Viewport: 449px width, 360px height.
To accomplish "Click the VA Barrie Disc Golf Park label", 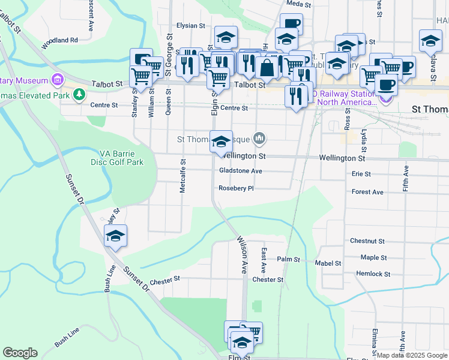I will click(x=121, y=157).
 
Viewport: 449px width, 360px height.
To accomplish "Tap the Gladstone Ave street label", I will click(x=240, y=171).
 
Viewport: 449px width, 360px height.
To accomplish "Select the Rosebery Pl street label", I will click(x=237, y=188).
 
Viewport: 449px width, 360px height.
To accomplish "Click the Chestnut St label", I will click(x=367, y=241).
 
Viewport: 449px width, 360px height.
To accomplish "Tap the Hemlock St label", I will click(x=373, y=274).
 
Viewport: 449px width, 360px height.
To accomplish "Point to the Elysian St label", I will click(x=191, y=26).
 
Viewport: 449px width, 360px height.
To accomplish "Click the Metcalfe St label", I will click(x=182, y=176).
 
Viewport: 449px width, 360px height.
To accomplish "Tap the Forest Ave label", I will click(x=367, y=192).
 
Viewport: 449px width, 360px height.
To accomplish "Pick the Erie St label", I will click(x=361, y=174).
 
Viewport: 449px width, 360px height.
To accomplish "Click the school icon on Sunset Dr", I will click(x=116, y=235).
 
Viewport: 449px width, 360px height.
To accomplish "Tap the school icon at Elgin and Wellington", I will click(x=221, y=142).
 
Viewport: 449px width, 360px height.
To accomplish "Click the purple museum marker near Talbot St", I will click(x=58, y=79).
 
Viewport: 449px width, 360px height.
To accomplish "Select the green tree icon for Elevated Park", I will click(x=79, y=94).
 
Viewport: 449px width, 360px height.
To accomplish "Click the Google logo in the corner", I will click(x=20, y=353).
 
